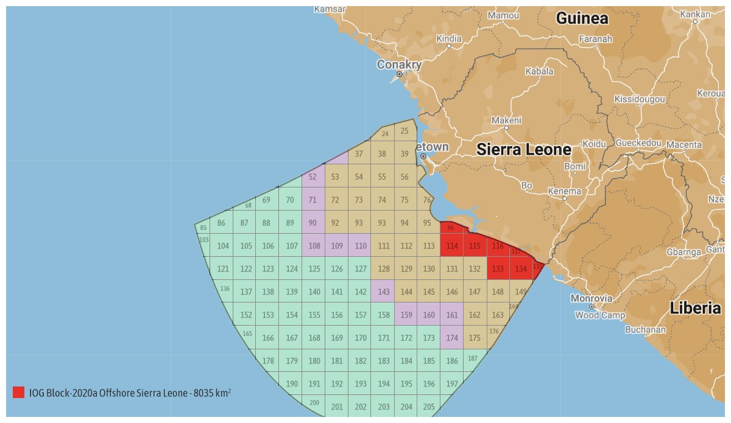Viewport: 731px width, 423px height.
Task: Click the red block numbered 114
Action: click(451, 246)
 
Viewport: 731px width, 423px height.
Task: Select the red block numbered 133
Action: click(498, 268)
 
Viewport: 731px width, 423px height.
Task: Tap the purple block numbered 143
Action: click(383, 292)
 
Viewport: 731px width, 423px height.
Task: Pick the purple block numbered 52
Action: click(313, 177)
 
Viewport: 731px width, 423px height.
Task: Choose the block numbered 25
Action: click(404, 131)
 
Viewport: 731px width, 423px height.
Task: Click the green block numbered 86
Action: click(221, 223)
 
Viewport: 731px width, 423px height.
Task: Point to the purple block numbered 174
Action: click(451, 338)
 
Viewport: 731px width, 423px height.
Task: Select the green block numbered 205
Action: click(429, 407)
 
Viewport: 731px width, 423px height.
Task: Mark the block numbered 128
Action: click(383, 268)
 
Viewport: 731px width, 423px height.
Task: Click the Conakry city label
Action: click(399, 65)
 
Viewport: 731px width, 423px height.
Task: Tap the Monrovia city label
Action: click(592, 298)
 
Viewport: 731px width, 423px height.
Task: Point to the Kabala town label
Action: click(539, 71)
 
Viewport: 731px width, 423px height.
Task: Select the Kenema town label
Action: click(564, 191)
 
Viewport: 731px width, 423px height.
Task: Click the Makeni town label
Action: click(506, 121)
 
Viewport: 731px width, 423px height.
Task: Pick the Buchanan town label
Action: click(645, 330)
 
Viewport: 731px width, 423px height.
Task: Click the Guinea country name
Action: click(582, 18)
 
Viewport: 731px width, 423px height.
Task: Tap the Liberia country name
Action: click(695, 308)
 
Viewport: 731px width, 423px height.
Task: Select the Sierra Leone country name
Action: click(524, 150)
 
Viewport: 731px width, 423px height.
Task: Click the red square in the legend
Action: click(18, 393)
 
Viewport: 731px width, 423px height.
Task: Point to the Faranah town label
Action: click(595, 39)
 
